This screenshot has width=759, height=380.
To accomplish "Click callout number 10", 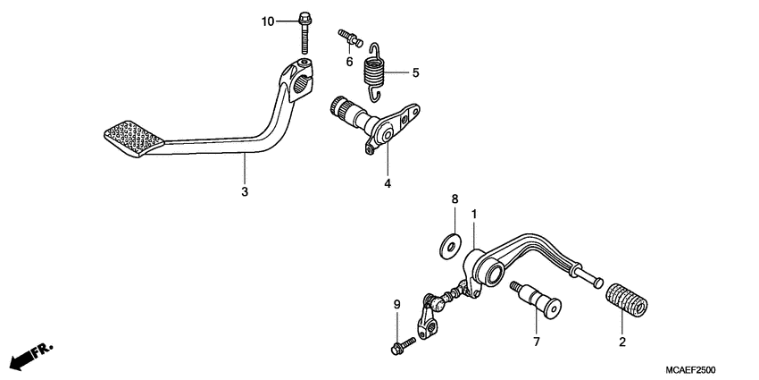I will pos(268,21).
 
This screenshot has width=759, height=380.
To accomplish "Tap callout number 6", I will pos(350,61).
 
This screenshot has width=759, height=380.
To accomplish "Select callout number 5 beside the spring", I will pos(414,72).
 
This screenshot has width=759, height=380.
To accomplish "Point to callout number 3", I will pos(246,191).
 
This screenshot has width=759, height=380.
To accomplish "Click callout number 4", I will pos(387,183).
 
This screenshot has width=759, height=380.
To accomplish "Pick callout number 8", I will pos(454,198).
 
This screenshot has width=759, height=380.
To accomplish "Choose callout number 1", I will pos(474,214).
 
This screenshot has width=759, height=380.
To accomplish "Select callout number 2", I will pos(622,341).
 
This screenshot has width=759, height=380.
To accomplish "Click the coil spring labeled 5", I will pos(379,65).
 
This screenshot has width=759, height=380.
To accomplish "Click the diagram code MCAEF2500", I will pos(688,368).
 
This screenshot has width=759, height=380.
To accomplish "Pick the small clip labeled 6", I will pos(349,37).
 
